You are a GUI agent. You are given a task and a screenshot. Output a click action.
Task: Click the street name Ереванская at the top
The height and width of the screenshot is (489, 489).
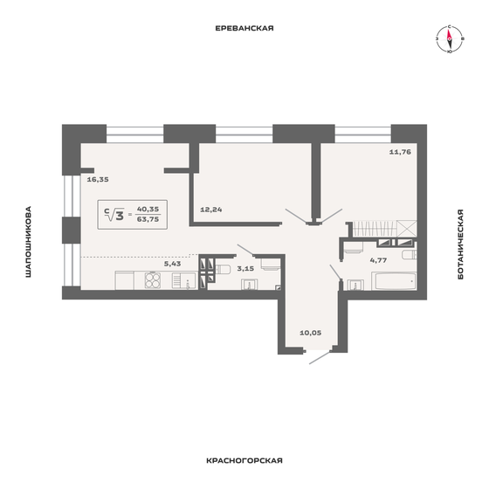click(244, 28)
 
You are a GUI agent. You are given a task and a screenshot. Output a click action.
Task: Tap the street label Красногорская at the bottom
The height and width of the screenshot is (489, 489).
click(244, 459)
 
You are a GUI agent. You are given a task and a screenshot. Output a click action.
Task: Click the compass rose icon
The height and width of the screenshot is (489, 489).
click(448, 39)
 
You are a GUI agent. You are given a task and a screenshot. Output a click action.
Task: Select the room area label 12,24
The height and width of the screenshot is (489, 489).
click(211, 210)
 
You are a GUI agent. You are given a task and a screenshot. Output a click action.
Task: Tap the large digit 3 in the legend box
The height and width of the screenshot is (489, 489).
click(116, 215)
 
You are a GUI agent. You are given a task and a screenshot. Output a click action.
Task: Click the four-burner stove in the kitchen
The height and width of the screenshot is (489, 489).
click(154, 280)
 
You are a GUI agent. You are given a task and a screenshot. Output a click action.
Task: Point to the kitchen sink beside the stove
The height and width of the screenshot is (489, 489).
click(183, 280)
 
